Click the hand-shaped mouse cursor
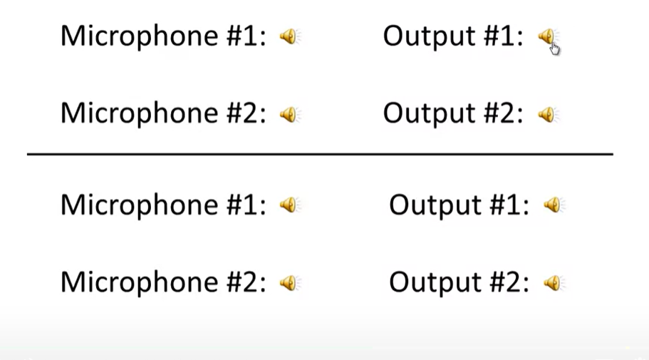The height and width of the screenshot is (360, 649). point(555,47)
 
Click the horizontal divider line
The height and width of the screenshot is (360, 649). point(320,154)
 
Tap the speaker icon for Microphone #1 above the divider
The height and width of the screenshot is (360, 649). point(289,36)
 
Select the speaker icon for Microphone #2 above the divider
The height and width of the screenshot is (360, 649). point(289,114)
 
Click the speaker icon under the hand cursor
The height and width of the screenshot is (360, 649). point(546,36)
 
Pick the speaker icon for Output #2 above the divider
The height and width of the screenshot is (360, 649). point(547,114)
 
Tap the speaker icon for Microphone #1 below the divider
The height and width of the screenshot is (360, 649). point(289,205)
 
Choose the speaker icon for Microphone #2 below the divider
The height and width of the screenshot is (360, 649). point(289,283)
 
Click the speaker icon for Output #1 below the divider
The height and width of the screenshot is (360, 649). point(553,205)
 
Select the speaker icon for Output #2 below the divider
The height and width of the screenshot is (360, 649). point(553,283)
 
